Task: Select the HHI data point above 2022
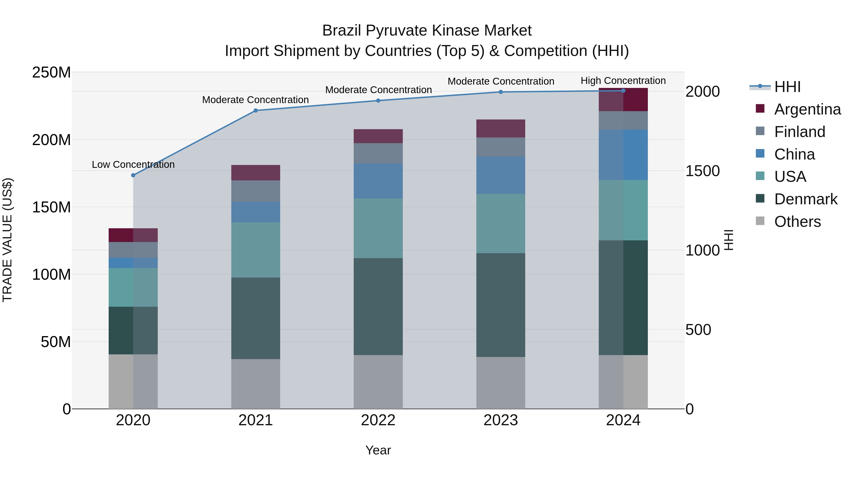378,100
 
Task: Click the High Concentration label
623,81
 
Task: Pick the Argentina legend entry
807,109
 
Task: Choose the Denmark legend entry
806,199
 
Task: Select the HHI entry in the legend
787,87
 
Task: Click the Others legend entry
797,222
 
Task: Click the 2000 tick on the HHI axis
702,91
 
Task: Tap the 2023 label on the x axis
501,420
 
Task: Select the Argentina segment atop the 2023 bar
501,128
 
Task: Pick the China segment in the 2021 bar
255,212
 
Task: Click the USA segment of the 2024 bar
623,210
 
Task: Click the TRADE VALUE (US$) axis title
7,240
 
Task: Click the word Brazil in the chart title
342,31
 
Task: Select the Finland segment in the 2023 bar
501,147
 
